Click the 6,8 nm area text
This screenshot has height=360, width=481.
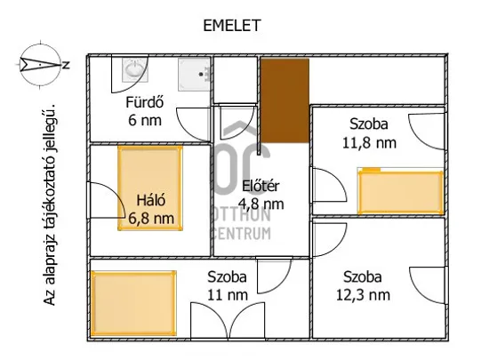click(x=152, y=218)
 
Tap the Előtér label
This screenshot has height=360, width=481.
click(x=261, y=186)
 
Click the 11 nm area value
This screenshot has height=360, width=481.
click(x=228, y=294)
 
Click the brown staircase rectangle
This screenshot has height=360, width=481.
click(x=284, y=100)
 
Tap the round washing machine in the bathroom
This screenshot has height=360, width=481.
click(x=134, y=70)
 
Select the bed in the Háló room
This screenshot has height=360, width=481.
click(x=150, y=188)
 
